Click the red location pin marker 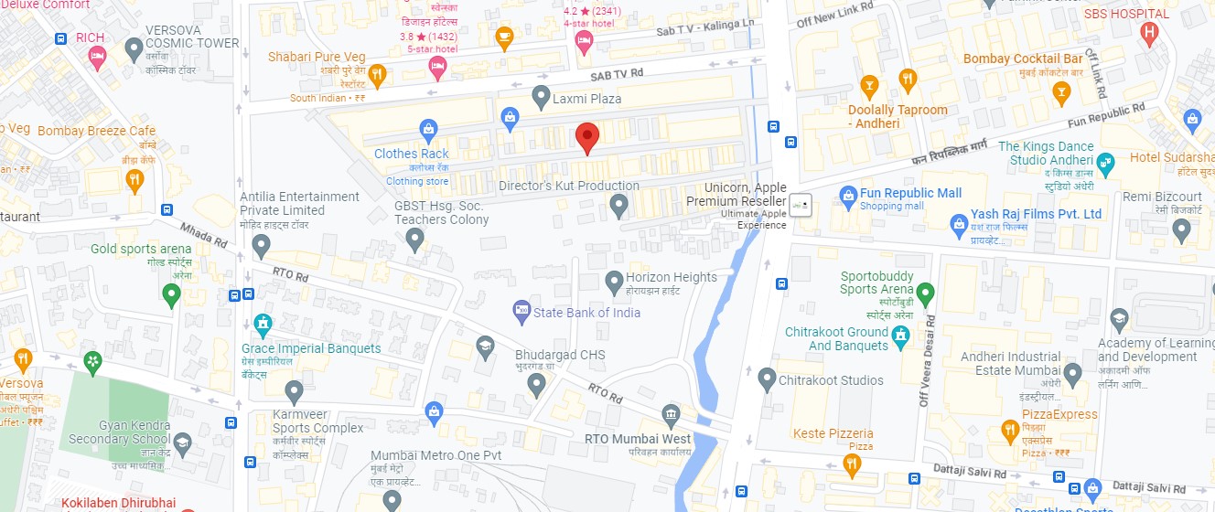587,137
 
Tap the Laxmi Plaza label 586,98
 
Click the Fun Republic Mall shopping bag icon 847,195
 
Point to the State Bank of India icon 521,312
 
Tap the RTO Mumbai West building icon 672,415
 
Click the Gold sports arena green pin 170,294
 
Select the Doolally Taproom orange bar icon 869,89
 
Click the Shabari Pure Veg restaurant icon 376,74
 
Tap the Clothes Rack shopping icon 426,130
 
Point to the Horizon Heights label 671,277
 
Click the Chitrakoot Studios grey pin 768,379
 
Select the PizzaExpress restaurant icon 1010,431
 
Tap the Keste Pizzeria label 833,433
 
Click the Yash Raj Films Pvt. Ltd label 1036,214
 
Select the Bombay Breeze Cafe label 96,131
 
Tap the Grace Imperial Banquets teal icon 263,324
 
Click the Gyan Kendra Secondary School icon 182,443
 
